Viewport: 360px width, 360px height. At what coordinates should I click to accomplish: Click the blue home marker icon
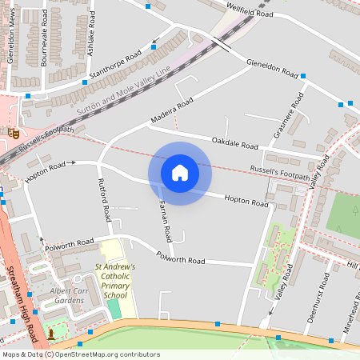(x=180, y=173)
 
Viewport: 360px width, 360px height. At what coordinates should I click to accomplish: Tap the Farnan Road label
(x=165, y=221)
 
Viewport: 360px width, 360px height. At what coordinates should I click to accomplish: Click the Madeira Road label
(x=172, y=113)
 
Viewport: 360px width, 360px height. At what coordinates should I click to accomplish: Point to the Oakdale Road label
(x=235, y=143)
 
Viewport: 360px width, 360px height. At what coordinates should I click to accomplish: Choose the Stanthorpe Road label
(x=116, y=62)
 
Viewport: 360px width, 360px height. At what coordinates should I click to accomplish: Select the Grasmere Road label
(x=289, y=116)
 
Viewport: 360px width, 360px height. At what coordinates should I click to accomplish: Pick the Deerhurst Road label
(x=318, y=297)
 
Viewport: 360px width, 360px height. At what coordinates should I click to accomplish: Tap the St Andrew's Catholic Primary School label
(x=115, y=281)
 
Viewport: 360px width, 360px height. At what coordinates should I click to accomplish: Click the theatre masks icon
(x=13, y=132)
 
